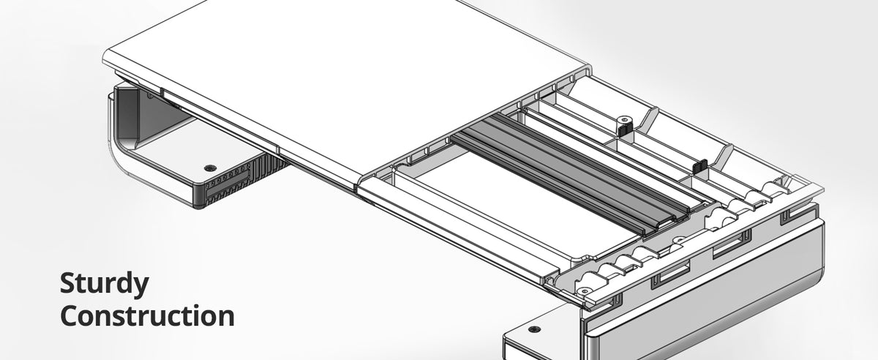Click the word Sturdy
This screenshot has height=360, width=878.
point(104,284)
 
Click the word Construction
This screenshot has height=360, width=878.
point(147,316)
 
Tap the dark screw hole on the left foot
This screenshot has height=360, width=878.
point(211,168)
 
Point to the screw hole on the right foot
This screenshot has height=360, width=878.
point(534,329)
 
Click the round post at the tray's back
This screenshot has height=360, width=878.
point(623,121)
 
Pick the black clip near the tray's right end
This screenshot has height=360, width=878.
point(699,166)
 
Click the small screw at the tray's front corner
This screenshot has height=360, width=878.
point(584,291)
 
